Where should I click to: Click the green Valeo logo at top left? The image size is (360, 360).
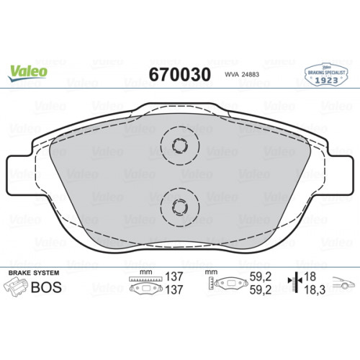coord(29,71)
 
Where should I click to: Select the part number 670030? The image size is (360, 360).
coord(179,75)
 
